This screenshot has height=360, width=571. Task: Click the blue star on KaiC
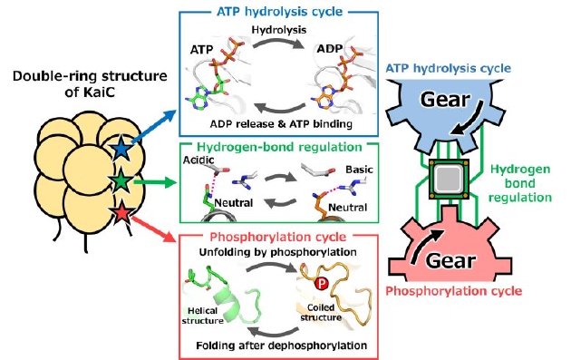[x=121, y=147]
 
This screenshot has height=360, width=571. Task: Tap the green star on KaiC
[x=121, y=181]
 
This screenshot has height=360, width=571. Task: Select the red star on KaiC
[x=121, y=214]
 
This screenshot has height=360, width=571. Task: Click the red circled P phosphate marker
[x=321, y=283]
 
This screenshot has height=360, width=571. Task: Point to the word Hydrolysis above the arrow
[x=279, y=30]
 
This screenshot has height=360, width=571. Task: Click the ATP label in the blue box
[x=201, y=50]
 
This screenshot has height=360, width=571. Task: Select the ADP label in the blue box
[x=329, y=49]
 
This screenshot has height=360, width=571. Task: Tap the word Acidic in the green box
[x=198, y=160]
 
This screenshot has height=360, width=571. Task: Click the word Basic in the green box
[x=360, y=170]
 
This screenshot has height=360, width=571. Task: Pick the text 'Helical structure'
[x=203, y=316]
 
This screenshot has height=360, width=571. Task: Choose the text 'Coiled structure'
[x=321, y=312]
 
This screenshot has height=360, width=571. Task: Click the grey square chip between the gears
[x=449, y=179]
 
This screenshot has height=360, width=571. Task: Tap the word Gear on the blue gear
[x=445, y=100]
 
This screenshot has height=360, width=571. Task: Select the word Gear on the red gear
[x=450, y=261]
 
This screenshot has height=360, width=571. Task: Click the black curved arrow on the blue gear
[x=469, y=119]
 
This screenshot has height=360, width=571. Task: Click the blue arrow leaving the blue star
[x=154, y=126]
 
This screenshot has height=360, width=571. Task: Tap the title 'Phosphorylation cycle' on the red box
[x=278, y=238]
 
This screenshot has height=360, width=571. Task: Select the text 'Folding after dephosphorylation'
[x=282, y=345]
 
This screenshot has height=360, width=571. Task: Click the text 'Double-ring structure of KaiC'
[x=90, y=84]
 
